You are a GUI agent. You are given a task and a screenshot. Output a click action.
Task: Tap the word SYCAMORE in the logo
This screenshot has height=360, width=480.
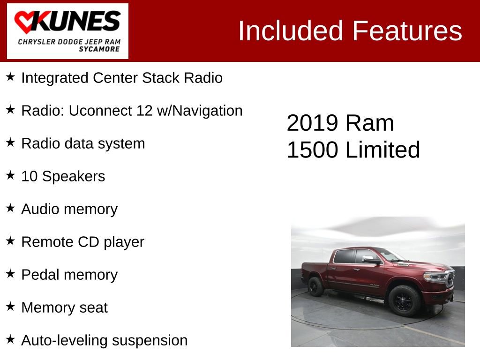99,49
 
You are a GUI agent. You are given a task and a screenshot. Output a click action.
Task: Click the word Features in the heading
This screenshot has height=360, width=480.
407,31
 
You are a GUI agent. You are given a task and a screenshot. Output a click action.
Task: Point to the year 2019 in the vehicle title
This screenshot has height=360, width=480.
312,123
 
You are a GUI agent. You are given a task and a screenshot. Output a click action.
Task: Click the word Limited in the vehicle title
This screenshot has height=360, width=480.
382,150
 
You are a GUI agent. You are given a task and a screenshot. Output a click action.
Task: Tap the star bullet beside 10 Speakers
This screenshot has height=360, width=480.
11,175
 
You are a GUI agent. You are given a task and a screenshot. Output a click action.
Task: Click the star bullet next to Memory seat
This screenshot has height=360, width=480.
11,307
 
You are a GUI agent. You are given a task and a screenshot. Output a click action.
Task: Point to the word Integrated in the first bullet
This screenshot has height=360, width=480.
55,78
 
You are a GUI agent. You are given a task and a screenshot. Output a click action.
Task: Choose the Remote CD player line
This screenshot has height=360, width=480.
82,242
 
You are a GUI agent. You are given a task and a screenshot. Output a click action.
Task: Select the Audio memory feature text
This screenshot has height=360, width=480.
69,209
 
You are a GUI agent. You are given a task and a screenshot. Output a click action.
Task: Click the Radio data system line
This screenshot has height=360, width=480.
83,143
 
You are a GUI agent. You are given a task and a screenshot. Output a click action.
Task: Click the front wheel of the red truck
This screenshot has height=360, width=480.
405,300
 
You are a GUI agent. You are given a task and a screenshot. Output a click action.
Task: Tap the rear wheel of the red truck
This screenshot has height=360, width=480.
315,286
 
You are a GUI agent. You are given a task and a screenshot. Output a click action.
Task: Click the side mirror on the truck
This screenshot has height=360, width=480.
370,259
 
